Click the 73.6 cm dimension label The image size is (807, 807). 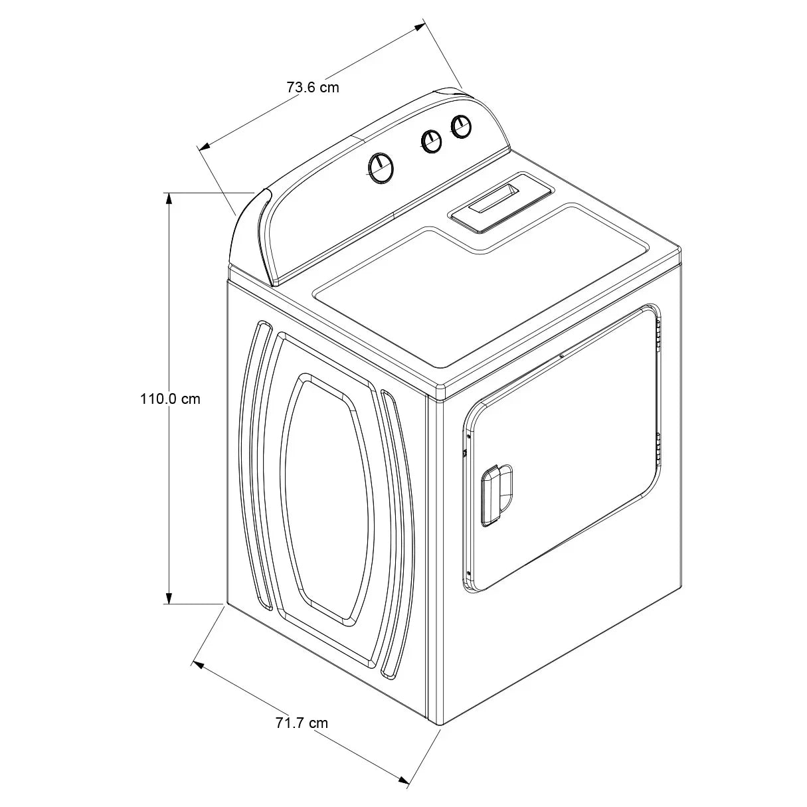click(x=312, y=87)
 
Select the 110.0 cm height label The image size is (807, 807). click(x=169, y=399)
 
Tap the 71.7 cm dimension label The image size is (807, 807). click(x=302, y=723)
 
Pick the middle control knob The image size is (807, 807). click(x=432, y=140)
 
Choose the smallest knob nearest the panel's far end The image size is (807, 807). click(x=460, y=126)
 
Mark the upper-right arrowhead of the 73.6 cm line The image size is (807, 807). click(x=419, y=27)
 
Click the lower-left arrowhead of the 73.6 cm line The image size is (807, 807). click(x=205, y=145)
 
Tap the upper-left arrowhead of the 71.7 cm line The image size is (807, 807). click(x=198, y=664)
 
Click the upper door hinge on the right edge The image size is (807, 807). click(x=658, y=331)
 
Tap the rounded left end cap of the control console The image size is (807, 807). click(x=249, y=232)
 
